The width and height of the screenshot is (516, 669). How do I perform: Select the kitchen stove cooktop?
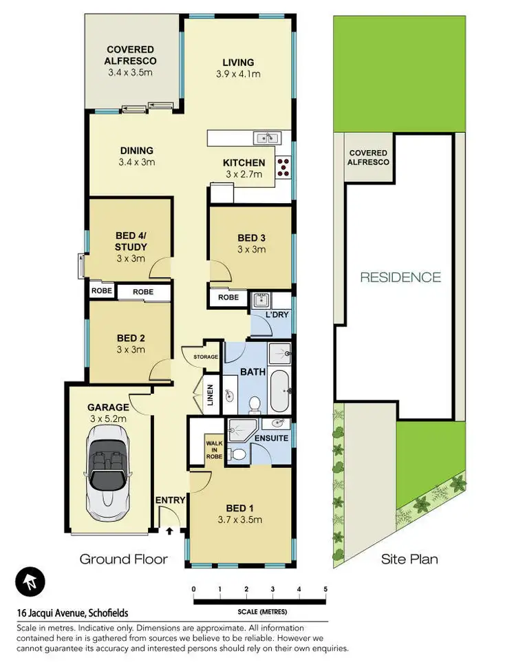pyautogui.click(x=283, y=166)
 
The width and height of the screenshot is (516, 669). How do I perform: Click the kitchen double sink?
pyautogui.click(x=265, y=138)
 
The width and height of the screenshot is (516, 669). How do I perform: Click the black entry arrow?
pyautogui.click(x=169, y=530)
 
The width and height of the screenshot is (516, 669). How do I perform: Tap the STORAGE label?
pyautogui.click(x=205, y=357)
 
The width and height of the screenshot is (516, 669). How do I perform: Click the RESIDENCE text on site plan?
pyautogui.click(x=400, y=277)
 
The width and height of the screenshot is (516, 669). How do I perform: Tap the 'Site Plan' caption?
pyautogui.click(x=409, y=559)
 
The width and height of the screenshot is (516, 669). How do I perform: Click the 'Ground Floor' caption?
pyautogui.click(x=123, y=559)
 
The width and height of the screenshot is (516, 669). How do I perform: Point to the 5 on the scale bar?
pyautogui.click(x=325, y=589)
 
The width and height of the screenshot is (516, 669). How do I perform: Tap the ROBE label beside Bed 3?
pyautogui.click(x=228, y=297)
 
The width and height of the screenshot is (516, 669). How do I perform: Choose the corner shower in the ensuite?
pyautogui.click(x=241, y=430)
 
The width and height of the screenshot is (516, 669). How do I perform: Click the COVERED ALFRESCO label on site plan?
pyautogui.click(x=369, y=158)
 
